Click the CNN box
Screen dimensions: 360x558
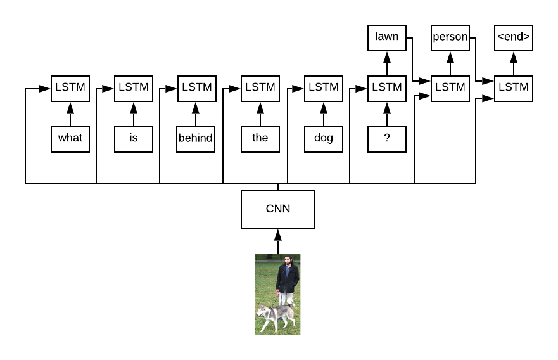pos(277,209)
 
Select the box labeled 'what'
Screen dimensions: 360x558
pos(70,138)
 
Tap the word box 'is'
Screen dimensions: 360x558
pos(133,138)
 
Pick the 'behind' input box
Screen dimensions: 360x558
pos(196,138)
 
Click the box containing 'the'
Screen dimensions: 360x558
pos(260,138)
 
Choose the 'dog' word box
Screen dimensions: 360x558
pos(323,138)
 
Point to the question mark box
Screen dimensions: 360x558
pos(386,138)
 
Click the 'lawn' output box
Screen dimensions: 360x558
pos(386,37)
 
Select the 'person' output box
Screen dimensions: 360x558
pos(450,37)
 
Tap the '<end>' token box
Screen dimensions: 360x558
pos(513,37)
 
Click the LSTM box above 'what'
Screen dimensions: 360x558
pos(70,88)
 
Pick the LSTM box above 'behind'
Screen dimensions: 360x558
pos(196,88)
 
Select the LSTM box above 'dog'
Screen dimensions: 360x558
pos(323,88)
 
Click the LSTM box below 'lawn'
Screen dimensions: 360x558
pos(386,88)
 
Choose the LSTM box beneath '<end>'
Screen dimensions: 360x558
pos(513,88)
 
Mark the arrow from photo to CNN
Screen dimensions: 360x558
pos(277,241)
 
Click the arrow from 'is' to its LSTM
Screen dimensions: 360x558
pos(133,114)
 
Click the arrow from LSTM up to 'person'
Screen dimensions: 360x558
pos(450,63)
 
